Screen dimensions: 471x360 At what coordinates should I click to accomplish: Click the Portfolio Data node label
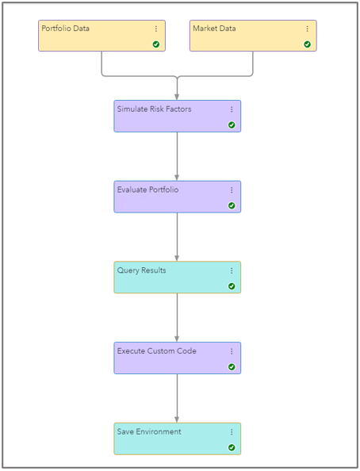click(66, 29)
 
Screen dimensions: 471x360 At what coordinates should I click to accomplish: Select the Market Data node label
click(214, 29)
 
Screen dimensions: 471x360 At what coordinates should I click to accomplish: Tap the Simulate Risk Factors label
click(154, 109)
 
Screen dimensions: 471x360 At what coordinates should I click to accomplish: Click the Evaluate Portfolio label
click(148, 190)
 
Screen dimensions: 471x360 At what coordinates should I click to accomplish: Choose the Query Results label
click(142, 270)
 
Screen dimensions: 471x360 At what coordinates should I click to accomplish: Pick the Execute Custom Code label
click(157, 351)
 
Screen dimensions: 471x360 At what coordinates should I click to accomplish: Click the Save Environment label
click(149, 432)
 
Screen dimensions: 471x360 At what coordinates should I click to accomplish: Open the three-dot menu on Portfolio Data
click(156, 29)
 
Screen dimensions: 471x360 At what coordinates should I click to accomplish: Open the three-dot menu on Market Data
click(308, 29)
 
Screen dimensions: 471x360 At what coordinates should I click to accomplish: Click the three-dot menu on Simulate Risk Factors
click(232, 109)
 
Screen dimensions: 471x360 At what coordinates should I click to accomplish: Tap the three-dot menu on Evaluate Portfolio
click(232, 190)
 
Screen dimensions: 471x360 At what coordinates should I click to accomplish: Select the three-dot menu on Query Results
click(232, 270)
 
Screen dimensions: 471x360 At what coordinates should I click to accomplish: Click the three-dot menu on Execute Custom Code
click(232, 351)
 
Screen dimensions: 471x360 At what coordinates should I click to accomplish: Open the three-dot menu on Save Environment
click(232, 432)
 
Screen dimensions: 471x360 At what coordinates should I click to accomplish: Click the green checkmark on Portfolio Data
click(156, 44)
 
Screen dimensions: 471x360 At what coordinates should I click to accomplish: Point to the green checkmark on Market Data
click(308, 44)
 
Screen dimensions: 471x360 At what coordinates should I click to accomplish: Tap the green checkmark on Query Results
click(232, 286)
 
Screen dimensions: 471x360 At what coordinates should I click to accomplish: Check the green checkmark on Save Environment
click(232, 448)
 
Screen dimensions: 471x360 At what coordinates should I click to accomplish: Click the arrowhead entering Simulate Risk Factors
click(177, 96)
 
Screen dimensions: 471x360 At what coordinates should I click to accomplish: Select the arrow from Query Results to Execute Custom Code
click(177, 317)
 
